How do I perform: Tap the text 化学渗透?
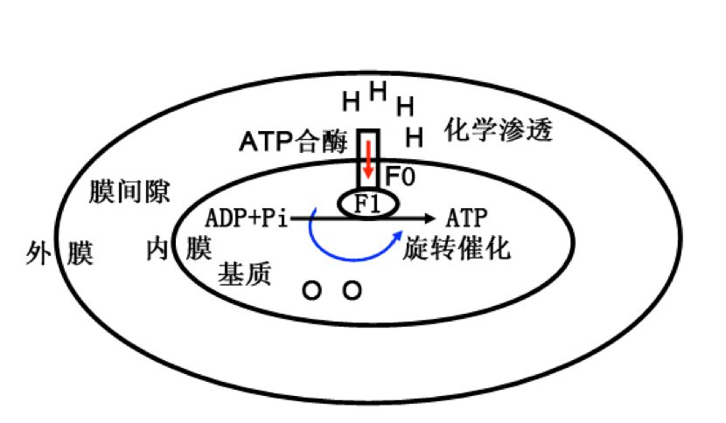point(499,131)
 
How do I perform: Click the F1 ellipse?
point(368,204)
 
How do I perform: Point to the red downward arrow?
point(368,160)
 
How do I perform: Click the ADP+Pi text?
point(246,217)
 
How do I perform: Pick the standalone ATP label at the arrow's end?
point(466,217)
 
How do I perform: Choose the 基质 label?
point(244,274)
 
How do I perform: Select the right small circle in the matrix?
point(352,290)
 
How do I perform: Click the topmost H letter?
point(378,90)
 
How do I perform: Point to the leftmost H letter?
point(351,102)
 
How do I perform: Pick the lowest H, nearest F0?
point(415,136)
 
